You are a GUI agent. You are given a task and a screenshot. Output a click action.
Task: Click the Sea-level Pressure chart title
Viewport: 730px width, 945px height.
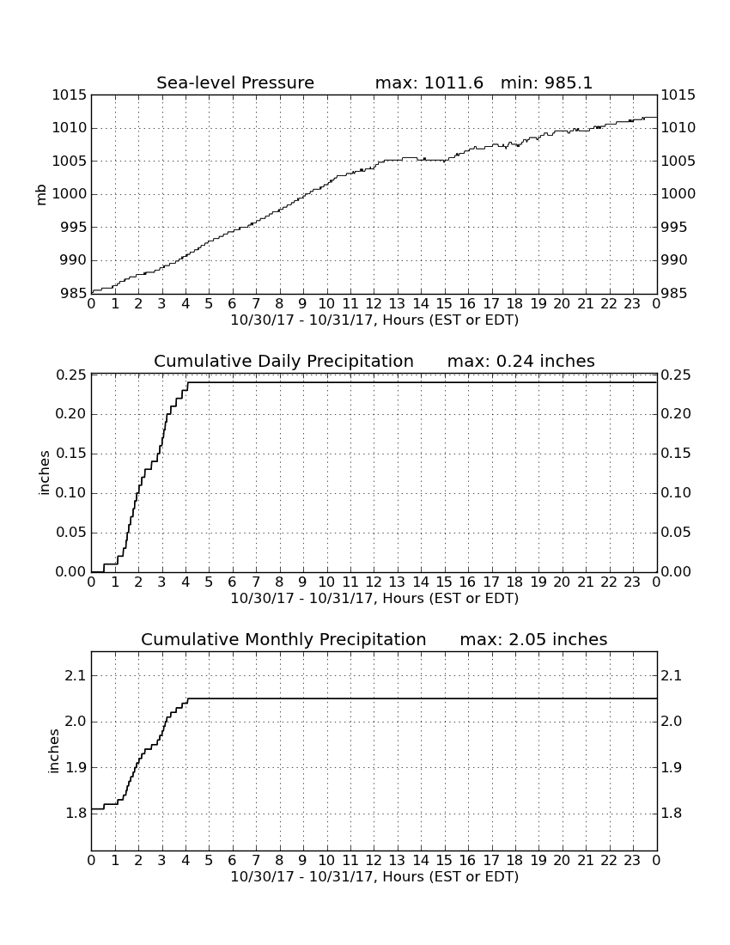(x=235, y=82)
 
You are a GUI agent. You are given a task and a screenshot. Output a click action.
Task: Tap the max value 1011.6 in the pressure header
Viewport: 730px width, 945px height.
(x=453, y=82)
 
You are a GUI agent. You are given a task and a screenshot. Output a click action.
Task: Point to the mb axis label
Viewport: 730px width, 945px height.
(x=41, y=195)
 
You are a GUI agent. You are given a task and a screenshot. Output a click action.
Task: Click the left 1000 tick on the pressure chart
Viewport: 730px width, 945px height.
(x=70, y=194)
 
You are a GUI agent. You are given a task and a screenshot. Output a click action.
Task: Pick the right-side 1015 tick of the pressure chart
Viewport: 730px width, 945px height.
(x=678, y=95)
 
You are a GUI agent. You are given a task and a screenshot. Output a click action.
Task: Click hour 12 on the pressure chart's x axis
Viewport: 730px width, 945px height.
(x=374, y=303)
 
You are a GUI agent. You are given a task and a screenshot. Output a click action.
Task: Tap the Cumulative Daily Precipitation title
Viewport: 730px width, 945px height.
(x=283, y=361)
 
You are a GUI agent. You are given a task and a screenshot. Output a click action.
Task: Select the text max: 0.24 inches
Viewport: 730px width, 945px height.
(x=521, y=361)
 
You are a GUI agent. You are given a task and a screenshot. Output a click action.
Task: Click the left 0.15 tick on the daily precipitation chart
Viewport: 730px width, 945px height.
(x=71, y=454)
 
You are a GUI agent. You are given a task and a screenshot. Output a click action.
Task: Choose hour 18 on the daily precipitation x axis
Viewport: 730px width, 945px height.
(x=514, y=582)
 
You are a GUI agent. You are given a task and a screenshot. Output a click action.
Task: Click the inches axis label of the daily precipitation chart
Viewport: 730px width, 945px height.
(x=43, y=473)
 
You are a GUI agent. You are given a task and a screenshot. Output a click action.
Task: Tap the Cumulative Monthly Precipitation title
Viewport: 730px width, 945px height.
(x=283, y=639)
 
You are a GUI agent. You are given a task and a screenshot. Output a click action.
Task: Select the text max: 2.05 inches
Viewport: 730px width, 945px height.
(x=533, y=639)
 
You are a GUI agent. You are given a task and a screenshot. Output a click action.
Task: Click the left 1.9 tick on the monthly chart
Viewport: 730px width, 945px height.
(x=76, y=767)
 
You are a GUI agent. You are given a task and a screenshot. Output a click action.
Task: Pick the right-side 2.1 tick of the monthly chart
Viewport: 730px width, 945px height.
(x=672, y=675)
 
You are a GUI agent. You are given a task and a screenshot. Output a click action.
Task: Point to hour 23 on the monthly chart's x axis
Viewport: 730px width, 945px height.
(x=632, y=860)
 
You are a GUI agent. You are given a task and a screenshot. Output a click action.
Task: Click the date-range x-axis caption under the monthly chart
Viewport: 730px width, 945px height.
(x=374, y=877)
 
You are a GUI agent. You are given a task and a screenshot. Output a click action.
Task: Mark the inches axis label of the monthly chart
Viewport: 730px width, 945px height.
(x=53, y=752)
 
